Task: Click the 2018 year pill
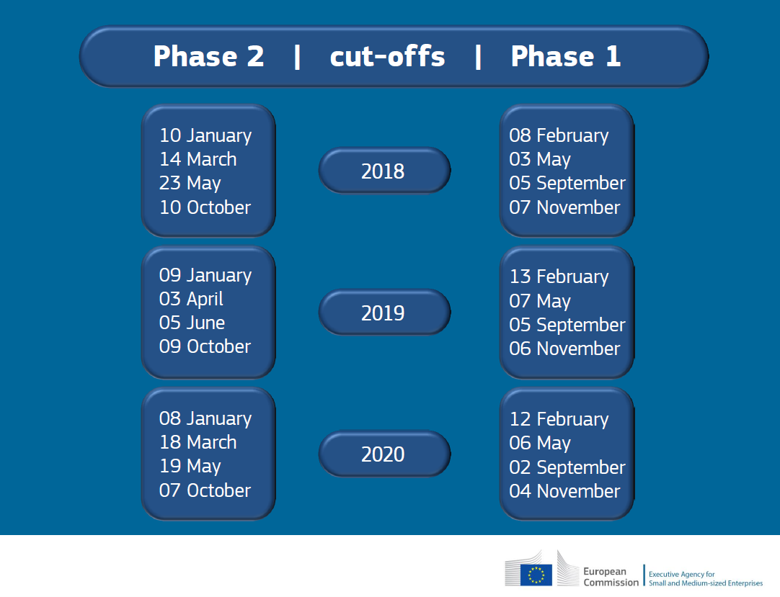[x=384, y=171]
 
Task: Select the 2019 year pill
[x=384, y=312]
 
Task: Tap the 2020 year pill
[x=384, y=454]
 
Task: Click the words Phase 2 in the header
[x=208, y=56]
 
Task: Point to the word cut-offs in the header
[x=388, y=56]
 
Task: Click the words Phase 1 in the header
[x=566, y=56]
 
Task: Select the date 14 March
[x=198, y=159]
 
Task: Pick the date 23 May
[x=190, y=184]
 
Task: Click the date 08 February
[x=559, y=135]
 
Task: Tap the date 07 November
[x=564, y=207]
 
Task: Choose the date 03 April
[x=191, y=300]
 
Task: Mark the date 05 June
[x=192, y=323]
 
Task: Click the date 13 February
[x=559, y=277]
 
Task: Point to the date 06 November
[x=564, y=349]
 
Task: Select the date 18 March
[x=198, y=442]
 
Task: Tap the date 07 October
[x=205, y=490]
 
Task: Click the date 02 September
[x=567, y=468]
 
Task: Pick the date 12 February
[x=559, y=420]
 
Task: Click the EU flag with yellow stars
[x=536, y=575]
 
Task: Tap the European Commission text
[x=611, y=577]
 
